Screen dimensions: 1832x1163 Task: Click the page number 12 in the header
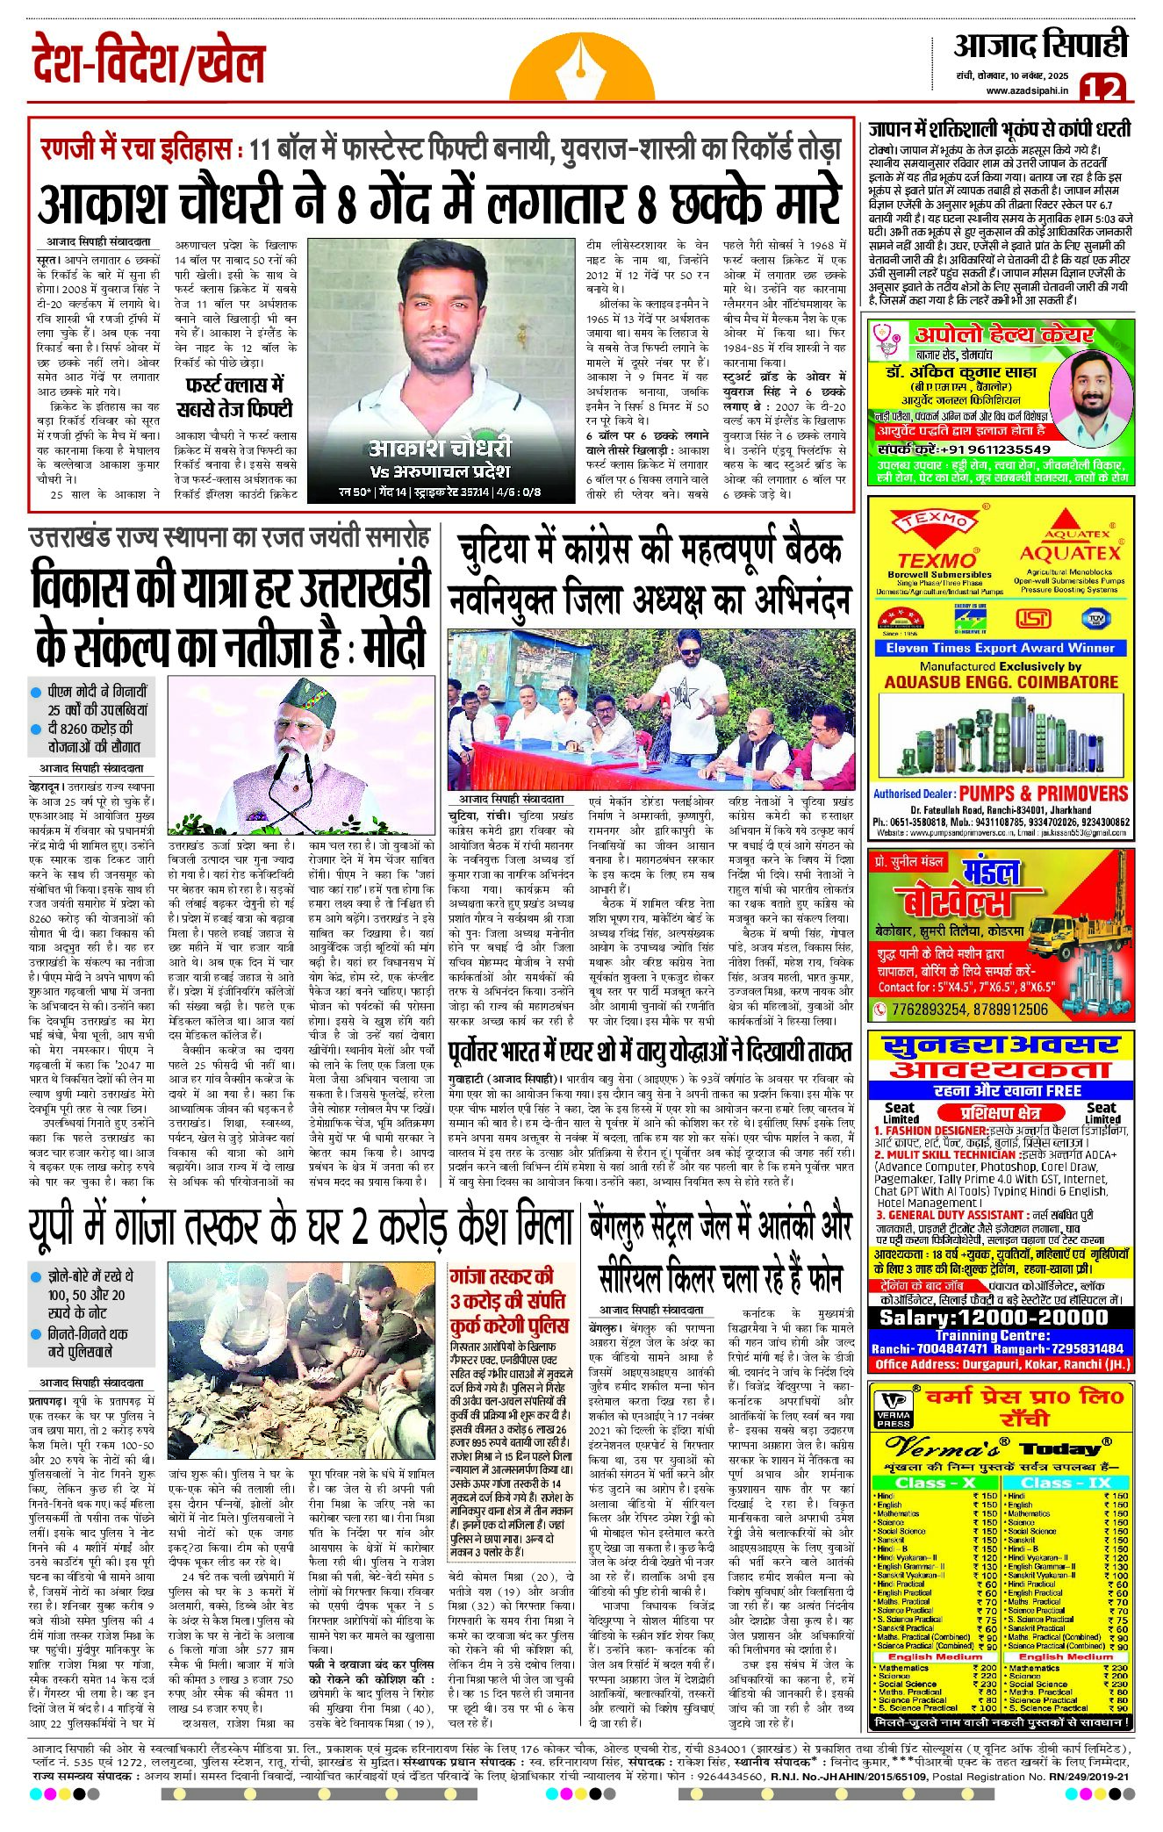[1102, 88]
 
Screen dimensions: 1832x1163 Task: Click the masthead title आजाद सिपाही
[1041, 46]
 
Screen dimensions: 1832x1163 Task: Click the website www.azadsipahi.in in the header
[1027, 90]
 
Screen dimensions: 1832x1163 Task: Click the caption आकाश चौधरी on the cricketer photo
[440, 448]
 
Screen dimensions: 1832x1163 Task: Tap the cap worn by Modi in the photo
[304, 697]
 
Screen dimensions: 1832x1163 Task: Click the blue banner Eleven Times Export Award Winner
[1000, 648]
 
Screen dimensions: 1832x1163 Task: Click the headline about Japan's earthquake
[999, 129]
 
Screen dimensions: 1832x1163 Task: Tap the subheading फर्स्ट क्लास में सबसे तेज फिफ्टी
[234, 398]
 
